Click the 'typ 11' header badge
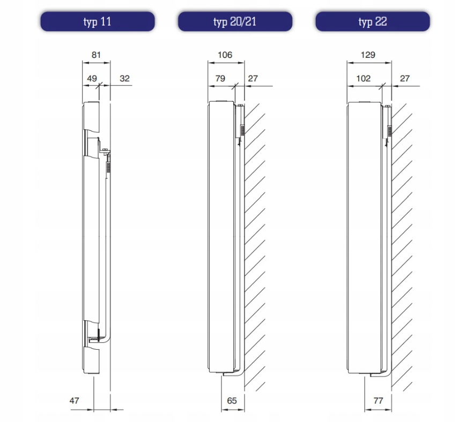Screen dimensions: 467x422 (x=98, y=21)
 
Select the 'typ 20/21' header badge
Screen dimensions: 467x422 (x=235, y=21)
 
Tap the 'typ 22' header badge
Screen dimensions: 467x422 (x=373, y=21)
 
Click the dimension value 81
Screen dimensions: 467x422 (x=96, y=55)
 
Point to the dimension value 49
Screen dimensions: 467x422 (x=92, y=79)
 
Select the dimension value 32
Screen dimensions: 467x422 (x=124, y=79)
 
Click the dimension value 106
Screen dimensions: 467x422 (x=225, y=55)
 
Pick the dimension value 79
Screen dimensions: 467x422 (x=220, y=79)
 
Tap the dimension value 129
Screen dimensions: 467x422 (x=368, y=55)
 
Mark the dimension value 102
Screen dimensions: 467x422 (x=364, y=79)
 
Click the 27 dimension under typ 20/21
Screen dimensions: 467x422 (x=253, y=79)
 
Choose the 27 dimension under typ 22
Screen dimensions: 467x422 (x=405, y=79)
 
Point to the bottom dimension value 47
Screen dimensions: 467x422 (x=74, y=401)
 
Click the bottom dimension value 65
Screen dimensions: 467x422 (x=232, y=401)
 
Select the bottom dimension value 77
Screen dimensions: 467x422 (x=378, y=401)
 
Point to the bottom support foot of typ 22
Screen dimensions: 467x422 (x=381, y=373)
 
